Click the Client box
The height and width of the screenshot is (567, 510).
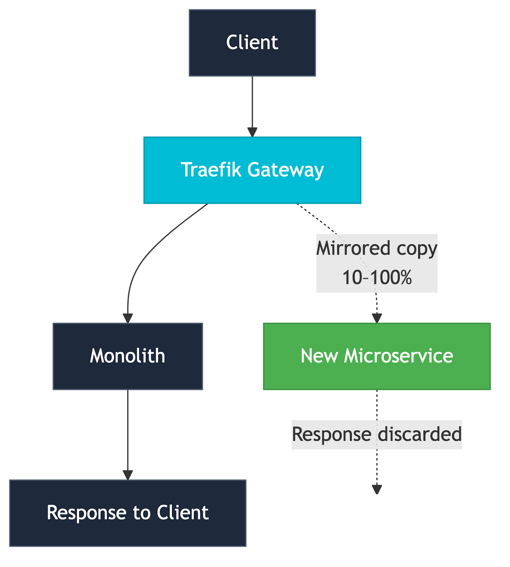coord(252,43)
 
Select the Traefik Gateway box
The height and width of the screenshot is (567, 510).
coord(252,170)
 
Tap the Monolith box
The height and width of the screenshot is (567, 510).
coord(128,356)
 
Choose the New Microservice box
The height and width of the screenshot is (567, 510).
coord(377,356)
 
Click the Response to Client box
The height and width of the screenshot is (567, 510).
coord(128,513)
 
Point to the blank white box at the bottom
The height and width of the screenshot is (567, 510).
coord(377,513)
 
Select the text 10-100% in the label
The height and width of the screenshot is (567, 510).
coord(377,277)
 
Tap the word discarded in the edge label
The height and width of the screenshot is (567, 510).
coord(420,434)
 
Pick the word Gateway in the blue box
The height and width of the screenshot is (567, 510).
coord(286,170)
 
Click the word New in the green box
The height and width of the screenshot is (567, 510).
coord(319,356)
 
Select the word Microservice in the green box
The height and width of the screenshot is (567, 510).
coord(398,356)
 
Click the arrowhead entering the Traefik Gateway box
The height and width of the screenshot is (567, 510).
coord(252,132)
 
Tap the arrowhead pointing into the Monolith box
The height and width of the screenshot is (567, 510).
coord(128,318)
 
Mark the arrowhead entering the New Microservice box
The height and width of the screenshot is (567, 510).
coord(377,318)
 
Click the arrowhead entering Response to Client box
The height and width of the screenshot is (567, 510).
coord(128,475)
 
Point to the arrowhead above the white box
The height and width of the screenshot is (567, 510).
coord(377,489)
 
